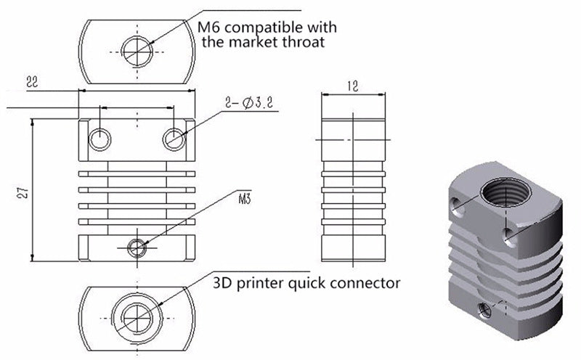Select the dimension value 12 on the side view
353,85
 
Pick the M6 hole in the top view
136,51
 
